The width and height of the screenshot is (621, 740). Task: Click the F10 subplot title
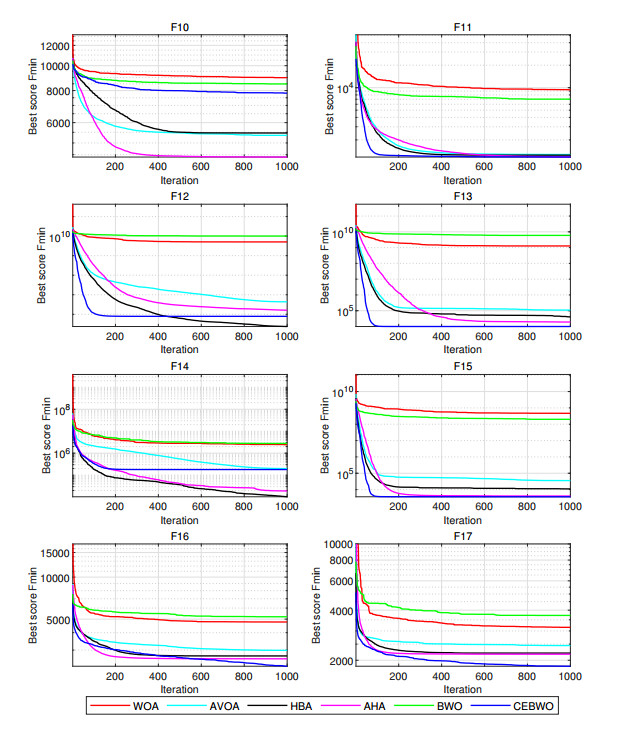pyautogui.click(x=180, y=26)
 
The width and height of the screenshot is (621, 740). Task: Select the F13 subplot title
pyautogui.click(x=462, y=197)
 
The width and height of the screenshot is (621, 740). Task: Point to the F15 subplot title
pyautogui.click(x=462, y=367)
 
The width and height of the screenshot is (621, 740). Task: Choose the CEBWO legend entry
pyautogui.click(x=532, y=707)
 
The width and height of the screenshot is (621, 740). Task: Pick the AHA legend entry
pyautogui.click(x=375, y=707)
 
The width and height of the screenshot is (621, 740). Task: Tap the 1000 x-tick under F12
pyautogui.click(x=285, y=337)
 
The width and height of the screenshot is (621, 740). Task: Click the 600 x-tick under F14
pyautogui.click(x=201, y=507)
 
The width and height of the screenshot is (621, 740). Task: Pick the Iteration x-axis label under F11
pyautogui.click(x=462, y=181)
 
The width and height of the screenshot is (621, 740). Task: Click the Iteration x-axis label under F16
pyautogui.click(x=180, y=690)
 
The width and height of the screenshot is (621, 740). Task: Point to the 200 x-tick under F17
pyautogui.click(x=398, y=677)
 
